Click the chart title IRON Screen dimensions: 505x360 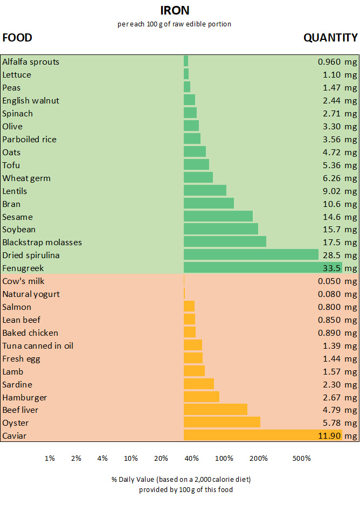[x=175, y=10]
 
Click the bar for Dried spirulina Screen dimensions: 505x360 [x=251, y=255]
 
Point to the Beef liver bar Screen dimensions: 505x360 [x=215, y=410]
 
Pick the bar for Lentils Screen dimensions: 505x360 [x=205, y=191]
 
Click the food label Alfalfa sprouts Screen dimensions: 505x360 [x=31, y=62]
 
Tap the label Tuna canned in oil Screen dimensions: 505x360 [x=38, y=345]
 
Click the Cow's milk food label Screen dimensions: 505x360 [x=23, y=281]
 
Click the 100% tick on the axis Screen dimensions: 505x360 [x=224, y=458]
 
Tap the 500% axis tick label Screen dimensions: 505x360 [x=301, y=458]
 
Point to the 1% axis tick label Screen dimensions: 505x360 [x=50, y=458]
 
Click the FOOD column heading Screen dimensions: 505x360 [x=17, y=38]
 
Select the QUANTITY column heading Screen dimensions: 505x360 [x=330, y=38]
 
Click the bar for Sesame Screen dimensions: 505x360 [x=218, y=217]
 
